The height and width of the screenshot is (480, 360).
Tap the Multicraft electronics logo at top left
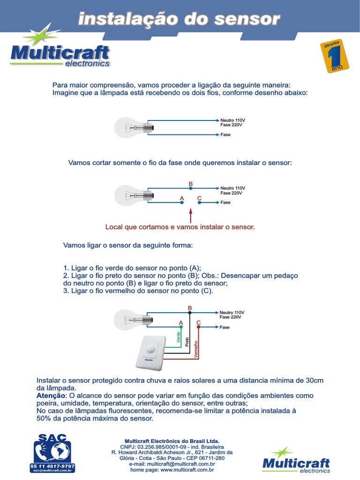[x=60, y=52]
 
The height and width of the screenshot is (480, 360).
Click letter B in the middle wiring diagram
[x=190, y=183]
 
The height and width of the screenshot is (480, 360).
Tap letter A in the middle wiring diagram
[x=182, y=198]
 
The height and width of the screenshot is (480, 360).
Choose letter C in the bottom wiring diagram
[x=198, y=323]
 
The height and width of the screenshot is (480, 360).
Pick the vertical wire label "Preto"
[x=187, y=341]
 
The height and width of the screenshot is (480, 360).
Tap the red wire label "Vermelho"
[x=195, y=350]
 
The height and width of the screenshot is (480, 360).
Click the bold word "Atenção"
[x=51, y=396]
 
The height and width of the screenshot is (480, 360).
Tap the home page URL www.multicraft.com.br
[x=187, y=469]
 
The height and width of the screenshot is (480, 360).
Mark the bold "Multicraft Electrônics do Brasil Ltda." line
[x=172, y=441]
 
